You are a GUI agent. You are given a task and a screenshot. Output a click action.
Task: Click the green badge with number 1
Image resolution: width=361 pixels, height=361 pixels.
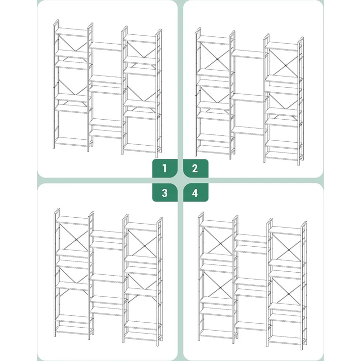tap(165, 168)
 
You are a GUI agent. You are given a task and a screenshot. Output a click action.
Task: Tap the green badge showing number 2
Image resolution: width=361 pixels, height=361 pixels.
tap(196, 168)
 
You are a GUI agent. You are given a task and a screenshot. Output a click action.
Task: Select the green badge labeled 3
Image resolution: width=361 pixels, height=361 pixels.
tap(165, 193)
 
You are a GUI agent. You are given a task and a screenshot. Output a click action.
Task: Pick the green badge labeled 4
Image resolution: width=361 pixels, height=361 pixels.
tap(196, 193)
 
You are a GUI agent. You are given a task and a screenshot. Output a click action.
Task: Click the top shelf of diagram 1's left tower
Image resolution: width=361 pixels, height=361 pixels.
tap(72, 32)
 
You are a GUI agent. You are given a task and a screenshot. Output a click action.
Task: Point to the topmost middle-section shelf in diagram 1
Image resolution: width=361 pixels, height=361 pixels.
tap(106, 46)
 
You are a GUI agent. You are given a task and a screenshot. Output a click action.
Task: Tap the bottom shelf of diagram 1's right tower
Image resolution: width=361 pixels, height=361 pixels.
tap(141, 148)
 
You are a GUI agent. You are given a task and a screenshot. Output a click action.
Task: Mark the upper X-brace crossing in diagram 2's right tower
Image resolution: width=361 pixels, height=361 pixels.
tap(286, 66)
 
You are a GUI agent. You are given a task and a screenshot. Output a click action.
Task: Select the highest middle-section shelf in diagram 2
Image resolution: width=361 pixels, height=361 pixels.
tap(248, 54)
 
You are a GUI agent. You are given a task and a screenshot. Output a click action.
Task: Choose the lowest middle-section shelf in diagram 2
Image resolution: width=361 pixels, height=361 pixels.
tap(248, 130)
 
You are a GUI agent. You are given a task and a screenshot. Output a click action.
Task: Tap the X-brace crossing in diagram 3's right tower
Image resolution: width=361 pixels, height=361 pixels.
tap(144, 246)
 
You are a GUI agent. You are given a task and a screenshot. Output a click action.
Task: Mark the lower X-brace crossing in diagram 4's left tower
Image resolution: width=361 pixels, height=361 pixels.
tap(220, 287)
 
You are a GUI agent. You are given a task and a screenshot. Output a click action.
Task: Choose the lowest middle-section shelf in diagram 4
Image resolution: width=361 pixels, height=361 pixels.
tap(251, 326)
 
